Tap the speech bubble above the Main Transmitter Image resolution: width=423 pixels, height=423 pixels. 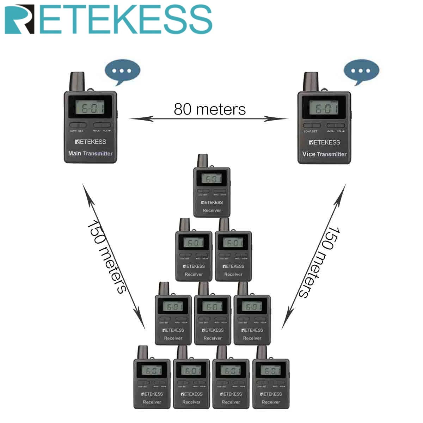(x=122, y=71)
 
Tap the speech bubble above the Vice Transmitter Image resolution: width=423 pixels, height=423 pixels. (x=361, y=71)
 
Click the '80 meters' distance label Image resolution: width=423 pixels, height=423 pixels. (x=210, y=109)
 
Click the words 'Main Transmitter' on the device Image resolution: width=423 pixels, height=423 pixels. (x=90, y=153)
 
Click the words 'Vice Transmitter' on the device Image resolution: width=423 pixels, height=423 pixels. (x=324, y=154)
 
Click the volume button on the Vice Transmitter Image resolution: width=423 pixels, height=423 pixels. (x=336, y=125)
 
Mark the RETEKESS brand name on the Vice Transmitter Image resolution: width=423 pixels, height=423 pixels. (x=324, y=142)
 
